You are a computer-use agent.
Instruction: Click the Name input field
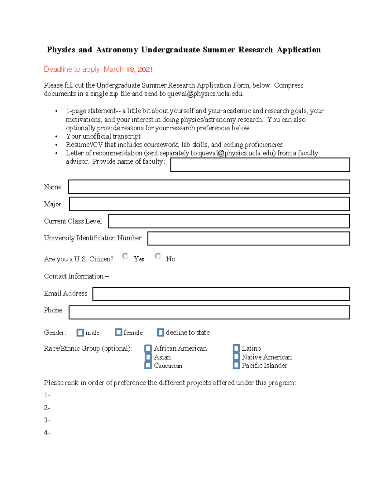pyautogui.click(x=209, y=187)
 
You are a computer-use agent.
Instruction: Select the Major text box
pyautogui.click(x=209, y=204)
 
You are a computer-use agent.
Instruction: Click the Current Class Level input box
pyautogui.click(x=229, y=221)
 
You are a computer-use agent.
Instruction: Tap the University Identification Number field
pyautogui.click(x=248, y=238)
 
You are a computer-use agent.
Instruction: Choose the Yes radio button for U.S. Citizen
pyautogui.click(x=125, y=256)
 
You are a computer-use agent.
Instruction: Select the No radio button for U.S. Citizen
pyautogui.click(x=158, y=256)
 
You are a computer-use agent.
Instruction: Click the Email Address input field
pyautogui.click(x=221, y=294)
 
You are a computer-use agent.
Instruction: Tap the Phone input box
pyautogui.click(x=209, y=312)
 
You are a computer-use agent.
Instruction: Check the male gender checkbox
pyautogui.click(x=80, y=333)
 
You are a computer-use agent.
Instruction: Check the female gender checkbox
pyautogui.click(x=118, y=332)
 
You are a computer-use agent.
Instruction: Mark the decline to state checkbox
pyautogui.click(x=161, y=333)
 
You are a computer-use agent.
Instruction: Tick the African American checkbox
pyautogui.click(x=148, y=348)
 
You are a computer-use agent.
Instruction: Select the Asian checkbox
pyautogui.click(x=148, y=357)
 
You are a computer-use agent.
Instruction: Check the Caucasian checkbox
pyautogui.click(x=148, y=365)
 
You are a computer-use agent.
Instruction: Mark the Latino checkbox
pyautogui.click(x=236, y=348)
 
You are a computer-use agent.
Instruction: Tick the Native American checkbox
pyautogui.click(x=236, y=357)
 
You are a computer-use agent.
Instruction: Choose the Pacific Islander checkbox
pyautogui.click(x=236, y=365)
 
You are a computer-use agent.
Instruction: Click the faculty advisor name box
pyautogui.click(x=260, y=165)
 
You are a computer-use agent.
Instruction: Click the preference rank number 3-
pyautogui.click(x=47, y=420)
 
